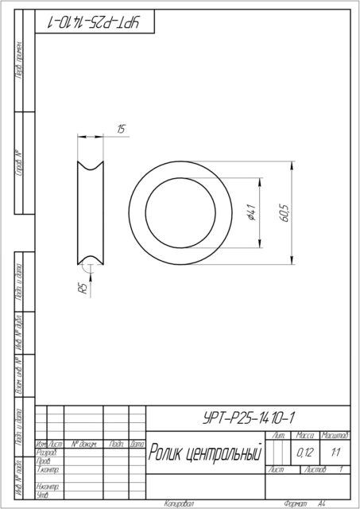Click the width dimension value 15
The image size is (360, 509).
tap(121, 129)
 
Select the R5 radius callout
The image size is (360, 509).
tap(82, 289)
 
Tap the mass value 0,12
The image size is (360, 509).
tap(304, 453)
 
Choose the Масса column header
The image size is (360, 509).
tap(304, 436)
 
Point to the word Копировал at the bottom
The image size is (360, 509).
tap(179, 503)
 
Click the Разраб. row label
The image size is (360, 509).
tap(46, 452)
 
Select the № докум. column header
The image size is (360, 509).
tap(83, 444)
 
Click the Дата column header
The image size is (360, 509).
tap(137, 444)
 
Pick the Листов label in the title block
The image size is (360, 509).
tap(315, 470)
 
